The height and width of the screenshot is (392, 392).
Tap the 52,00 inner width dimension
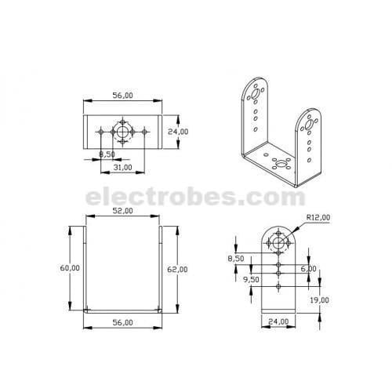pos(122,211)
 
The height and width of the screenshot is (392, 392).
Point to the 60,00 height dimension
pos(70,268)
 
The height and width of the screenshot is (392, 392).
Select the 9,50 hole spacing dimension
pos(251,278)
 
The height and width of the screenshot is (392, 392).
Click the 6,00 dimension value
pos(308,268)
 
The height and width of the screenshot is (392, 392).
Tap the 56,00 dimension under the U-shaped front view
pos(122,322)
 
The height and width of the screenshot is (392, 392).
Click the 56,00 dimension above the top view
pos(122,96)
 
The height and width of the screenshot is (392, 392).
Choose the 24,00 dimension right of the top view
pos(179,132)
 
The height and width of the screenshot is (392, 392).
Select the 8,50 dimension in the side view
pos(234,257)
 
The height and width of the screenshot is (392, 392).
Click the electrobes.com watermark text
pos(196,195)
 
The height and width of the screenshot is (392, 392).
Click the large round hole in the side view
pos(278,244)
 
